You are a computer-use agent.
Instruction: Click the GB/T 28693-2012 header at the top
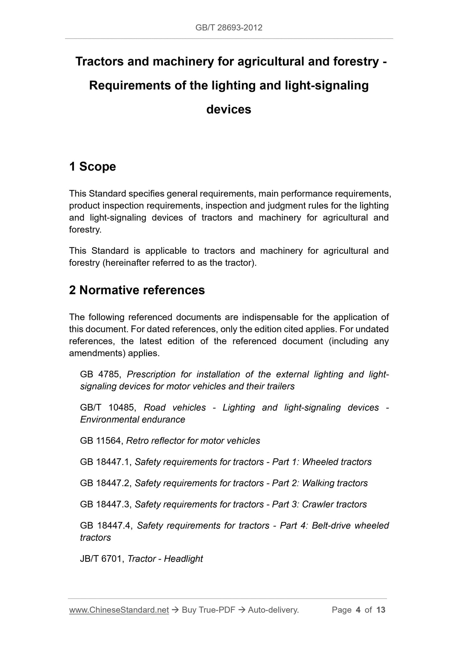pos(229,28)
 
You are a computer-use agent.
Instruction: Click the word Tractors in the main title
pos(99,61)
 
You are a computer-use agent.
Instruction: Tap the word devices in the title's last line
pos(229,110)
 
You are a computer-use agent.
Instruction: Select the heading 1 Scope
pos(92,166)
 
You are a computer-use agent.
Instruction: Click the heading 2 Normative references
pos(137,290)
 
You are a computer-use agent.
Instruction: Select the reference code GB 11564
pos(101,441)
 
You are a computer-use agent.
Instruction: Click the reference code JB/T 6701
pos(101,559)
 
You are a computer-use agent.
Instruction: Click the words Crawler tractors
pos(334,505)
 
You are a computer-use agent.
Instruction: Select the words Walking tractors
pos(335,483)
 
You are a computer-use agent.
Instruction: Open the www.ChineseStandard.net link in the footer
pos(119,610)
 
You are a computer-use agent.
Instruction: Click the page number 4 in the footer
pos(358,610)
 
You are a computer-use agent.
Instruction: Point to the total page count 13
pos(381,610)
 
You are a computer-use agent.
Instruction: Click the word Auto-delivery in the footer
pos(273,610)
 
